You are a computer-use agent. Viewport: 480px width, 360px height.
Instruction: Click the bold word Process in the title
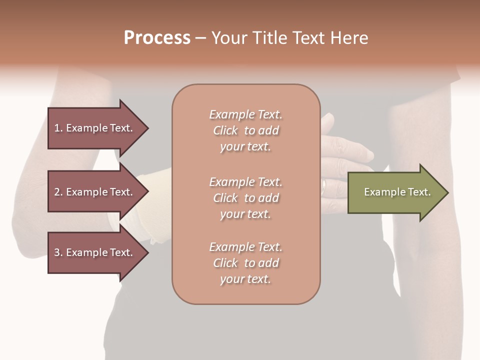157,38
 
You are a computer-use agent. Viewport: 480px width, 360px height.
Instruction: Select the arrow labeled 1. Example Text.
95,128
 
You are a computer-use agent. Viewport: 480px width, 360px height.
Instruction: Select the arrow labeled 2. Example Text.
95,192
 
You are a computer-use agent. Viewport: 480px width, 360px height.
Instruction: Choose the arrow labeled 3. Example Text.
95,252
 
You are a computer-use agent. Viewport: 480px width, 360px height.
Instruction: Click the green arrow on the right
395,192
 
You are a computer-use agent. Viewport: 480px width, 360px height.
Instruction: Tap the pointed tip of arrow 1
147,128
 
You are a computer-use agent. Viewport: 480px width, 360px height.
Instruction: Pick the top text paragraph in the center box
245,130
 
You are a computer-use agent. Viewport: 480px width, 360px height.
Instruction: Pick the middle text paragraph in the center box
245,198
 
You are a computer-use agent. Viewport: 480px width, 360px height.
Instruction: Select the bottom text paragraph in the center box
245,263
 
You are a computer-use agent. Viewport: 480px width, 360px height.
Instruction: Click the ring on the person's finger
324,186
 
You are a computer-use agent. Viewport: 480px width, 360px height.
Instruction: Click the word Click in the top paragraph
225,130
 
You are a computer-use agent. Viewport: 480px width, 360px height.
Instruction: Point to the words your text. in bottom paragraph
245,279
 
